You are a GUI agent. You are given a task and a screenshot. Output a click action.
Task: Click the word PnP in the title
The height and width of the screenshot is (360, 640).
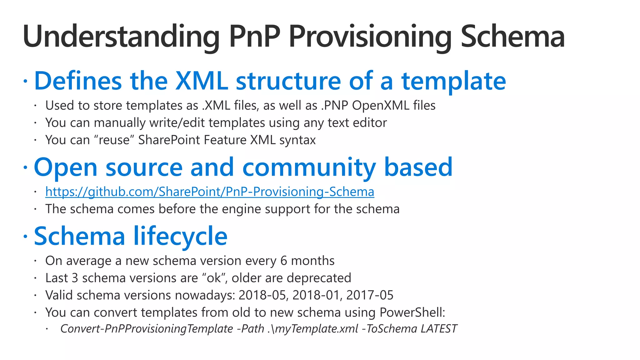pyautogui.click(x=254, y=37)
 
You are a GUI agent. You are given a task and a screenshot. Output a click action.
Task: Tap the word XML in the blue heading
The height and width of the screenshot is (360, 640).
pyautogui.click(x=201, y=81)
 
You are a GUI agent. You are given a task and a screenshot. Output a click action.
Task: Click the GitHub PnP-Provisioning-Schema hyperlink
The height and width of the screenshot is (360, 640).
pyautogui.click(x=210, y=192)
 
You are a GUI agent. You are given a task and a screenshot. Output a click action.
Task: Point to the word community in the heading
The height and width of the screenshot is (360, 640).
pyautogui.click(x=309, y=167)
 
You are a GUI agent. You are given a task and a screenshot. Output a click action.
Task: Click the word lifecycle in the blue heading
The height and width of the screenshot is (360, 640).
pyautogui.click(x=180, y=236)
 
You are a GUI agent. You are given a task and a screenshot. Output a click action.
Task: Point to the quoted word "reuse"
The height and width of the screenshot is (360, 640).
pyautogui.click(x=114, y=140)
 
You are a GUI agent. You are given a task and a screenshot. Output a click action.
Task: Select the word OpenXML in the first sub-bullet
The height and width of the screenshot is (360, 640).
pyautogui.click(x=381, y=106)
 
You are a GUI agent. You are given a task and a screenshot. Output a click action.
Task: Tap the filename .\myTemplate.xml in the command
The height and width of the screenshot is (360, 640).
pyautogui.click(x=312, y=329)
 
